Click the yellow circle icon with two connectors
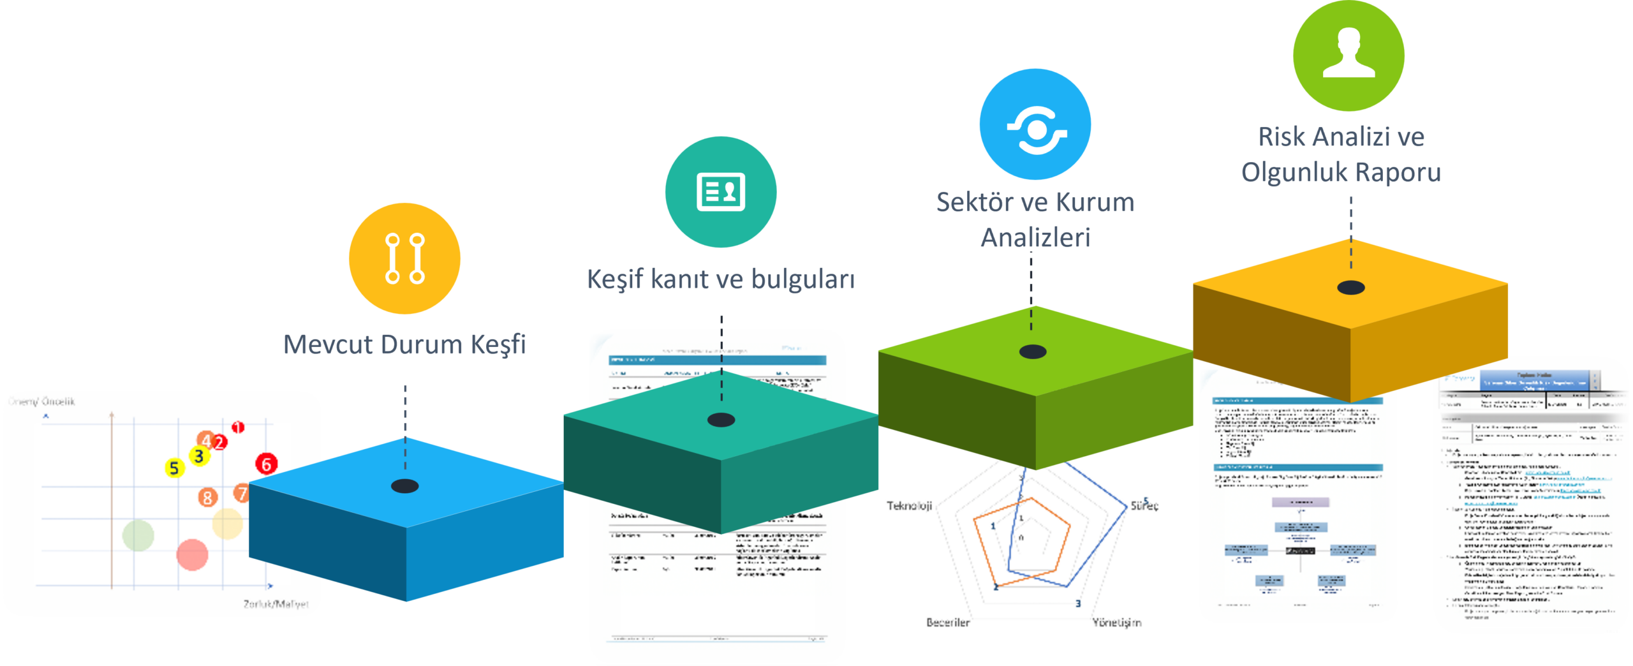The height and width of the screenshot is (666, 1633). pyautogui.click(x=404, y=258)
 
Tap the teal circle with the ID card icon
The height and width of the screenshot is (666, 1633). pyautogui.click(x=721, y=191)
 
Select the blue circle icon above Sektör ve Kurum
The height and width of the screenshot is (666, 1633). pyautogui.click(x=1035, y=124)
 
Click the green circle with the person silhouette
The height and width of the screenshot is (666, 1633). pyautogui.click(x=1349, y=56)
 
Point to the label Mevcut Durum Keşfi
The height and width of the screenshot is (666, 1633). pyautogui.click(x=404, y=344)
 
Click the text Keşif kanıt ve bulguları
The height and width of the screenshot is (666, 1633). pyautogui.click(x=721, y=279)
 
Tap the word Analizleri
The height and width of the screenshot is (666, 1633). pyautogui.click(x=1035, y=238)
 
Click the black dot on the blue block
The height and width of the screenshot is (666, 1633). pyautogui.click(x=405, y=486)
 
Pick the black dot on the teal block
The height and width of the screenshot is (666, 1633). pyautogui.click(x=721, y=420)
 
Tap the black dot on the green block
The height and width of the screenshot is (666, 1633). pyautogui.click(x=1033, y=352)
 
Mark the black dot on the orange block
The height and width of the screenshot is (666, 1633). pyautogui.click(x=1351, y=288)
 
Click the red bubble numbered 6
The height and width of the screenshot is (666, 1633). pyautogui.click(x=267, y=464)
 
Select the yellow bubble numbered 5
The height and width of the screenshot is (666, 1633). pyautogui.click(x=174, y=468)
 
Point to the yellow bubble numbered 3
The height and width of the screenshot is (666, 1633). pyautogui.click(x=199, y=456)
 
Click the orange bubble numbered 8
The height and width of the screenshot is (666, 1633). pyautogui.click(x=207, y=497)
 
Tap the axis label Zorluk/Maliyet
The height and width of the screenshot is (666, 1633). pyautogui.click(x=276, y=603)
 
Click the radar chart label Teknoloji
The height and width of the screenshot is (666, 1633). pyautogui.click(x=910, y=506)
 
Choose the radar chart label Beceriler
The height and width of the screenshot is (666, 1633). pyautogui.click(x=948, y=622)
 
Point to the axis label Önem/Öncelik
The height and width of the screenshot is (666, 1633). pyautogui.click(x=41, y=401)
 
